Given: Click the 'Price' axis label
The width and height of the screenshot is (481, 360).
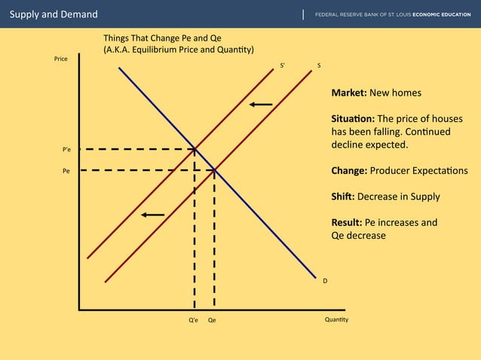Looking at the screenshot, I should [x=61, y=59].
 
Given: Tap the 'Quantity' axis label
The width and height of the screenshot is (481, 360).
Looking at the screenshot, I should [x=336, y=319].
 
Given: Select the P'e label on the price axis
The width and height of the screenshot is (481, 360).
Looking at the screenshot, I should [x=66, y=150].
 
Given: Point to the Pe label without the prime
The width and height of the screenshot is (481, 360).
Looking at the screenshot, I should [x=66, y=171].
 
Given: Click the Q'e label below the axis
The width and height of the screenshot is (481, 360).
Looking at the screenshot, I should [x=194, y=320].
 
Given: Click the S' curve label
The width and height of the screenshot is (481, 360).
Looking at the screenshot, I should [x=283, y=66].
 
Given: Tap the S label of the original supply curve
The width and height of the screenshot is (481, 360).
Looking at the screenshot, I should [x=319, y=66].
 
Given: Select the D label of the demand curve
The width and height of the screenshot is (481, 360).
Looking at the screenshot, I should [x=325, y=281].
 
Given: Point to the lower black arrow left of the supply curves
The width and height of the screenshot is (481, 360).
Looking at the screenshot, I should [x=152, y=215].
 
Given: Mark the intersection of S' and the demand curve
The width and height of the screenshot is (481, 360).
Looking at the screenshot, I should [x=195, y=149].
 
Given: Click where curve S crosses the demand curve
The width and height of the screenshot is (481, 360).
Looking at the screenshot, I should [x=215, y=170].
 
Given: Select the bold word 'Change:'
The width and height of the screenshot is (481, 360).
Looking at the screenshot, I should [x=349, y=170].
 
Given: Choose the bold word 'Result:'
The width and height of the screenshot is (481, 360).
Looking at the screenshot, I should [x=347, y=223].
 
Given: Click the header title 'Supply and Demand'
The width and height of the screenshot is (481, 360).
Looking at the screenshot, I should [x=53, y=14].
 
